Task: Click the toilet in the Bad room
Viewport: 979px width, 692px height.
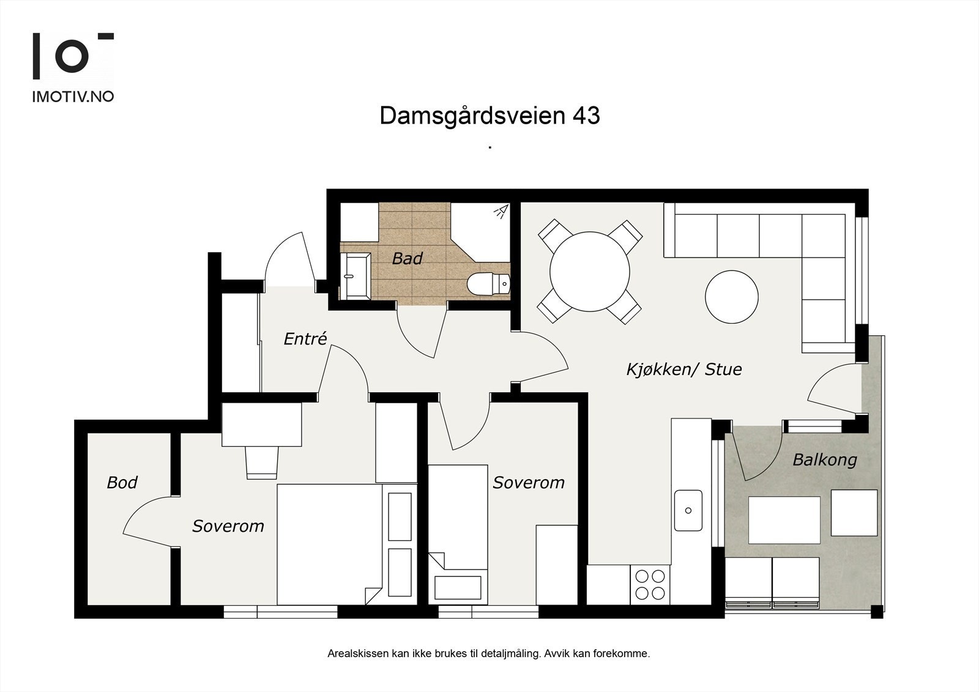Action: (487, 284)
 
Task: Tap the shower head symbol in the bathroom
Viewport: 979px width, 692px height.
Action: (501, 212)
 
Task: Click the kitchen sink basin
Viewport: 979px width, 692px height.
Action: (688, 510)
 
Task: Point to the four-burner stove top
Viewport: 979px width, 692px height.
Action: (650, 584)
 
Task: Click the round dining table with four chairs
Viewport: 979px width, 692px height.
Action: (590, 271)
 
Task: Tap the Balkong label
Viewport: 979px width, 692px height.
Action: (824, 459)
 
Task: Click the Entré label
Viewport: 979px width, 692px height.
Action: (305, 338)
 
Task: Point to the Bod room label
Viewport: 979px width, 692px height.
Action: (122, 482)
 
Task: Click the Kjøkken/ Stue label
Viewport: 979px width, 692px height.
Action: (683, 369)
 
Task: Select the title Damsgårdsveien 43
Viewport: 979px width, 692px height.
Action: (489, 116)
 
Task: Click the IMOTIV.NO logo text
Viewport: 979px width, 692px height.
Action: (73, 97)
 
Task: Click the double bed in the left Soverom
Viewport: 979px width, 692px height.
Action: (330, 543)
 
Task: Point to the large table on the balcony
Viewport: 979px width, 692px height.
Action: (784, 520)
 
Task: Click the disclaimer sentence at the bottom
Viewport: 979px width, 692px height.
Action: (489, 653)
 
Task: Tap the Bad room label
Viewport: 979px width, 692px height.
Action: (407, 258)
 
